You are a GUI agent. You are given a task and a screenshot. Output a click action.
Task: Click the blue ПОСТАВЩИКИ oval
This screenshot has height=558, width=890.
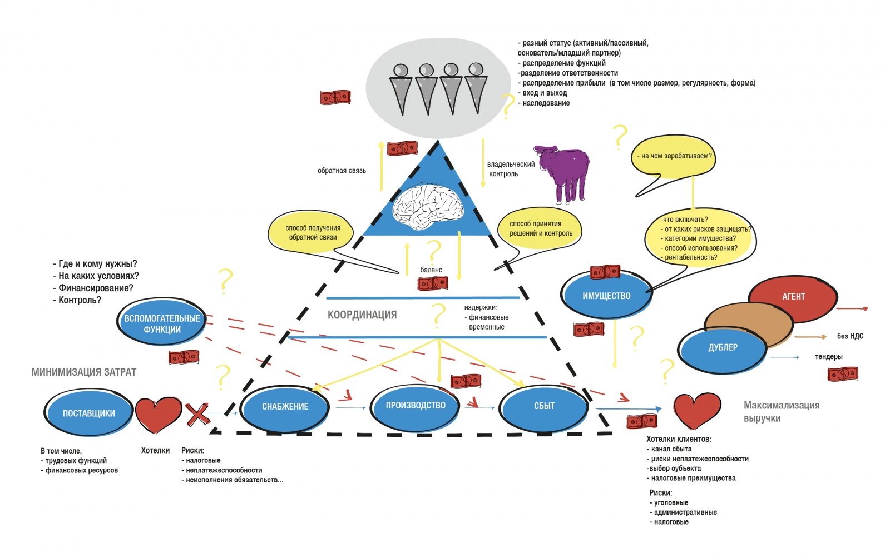tap(88, 413)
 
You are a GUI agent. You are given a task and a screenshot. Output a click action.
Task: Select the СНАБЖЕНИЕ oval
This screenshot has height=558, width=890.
tap(285, 407)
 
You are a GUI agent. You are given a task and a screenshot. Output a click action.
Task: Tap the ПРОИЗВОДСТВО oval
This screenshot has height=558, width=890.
tap(416, 406)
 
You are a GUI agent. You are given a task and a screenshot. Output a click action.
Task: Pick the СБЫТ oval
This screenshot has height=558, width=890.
tap(544, 406)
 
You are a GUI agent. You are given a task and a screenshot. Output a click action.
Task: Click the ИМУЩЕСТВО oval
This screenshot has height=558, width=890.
tap(606, 296)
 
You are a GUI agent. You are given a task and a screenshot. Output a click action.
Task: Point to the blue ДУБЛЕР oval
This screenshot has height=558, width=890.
tap(723, 348)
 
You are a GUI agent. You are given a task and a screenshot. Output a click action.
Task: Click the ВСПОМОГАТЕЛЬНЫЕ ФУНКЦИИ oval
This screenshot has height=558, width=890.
tap(162, 324)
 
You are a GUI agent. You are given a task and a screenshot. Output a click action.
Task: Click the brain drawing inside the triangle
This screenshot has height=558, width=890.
tap(428, 206)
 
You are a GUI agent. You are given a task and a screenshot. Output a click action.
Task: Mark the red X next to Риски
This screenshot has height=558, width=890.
tap(197, 415)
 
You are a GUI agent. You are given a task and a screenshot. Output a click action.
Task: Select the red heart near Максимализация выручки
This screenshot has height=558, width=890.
tap(696, 410)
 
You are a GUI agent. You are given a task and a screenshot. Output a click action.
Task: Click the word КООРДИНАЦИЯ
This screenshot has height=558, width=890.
tap(362, 315)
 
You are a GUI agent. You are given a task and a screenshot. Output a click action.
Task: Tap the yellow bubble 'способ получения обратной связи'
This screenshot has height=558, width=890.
tap(312, 232)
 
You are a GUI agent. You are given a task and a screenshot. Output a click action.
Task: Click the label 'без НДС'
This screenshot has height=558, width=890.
tap(850, 336)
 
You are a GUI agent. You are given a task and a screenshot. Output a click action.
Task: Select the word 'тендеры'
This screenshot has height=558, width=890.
tap(828, 357)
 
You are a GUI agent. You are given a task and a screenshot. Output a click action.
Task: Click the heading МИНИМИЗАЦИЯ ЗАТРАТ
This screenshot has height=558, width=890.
tap(84, 372)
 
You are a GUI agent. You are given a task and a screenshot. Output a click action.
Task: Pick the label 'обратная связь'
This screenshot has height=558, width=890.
tap(342, 171)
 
